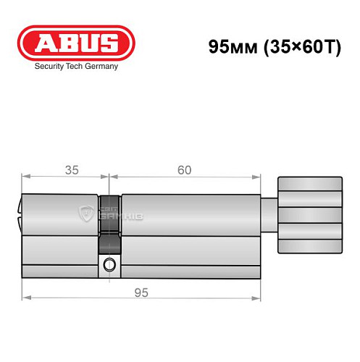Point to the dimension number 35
pyautogui.click(x=72, y=170)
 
